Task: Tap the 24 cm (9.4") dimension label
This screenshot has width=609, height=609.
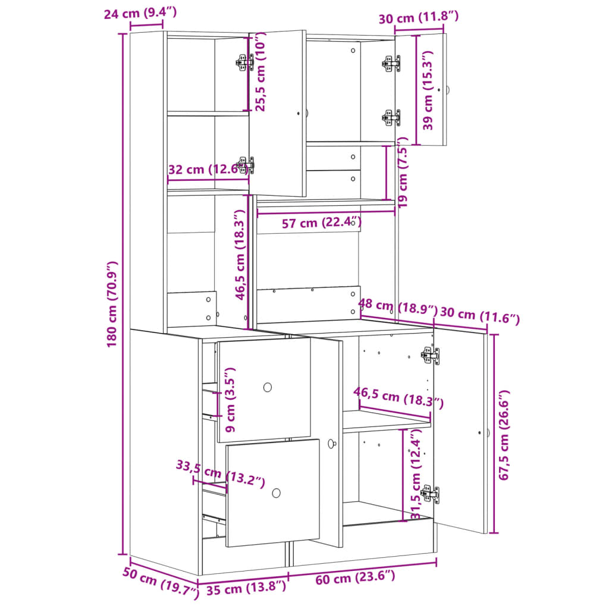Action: (140, 12)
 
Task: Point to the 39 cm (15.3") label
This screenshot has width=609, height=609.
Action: (428, 89)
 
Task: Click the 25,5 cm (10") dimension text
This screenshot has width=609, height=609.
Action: (260, 71)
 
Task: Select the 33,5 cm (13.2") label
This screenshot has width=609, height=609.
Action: (220, 473)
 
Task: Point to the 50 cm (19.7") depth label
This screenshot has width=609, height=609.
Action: (160, 583)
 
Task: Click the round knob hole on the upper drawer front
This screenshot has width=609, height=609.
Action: (268, 387)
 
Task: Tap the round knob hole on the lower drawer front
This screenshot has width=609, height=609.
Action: (276, 493)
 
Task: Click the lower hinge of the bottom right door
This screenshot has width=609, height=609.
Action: (429, 494)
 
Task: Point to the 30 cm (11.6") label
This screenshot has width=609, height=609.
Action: (480, 315)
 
